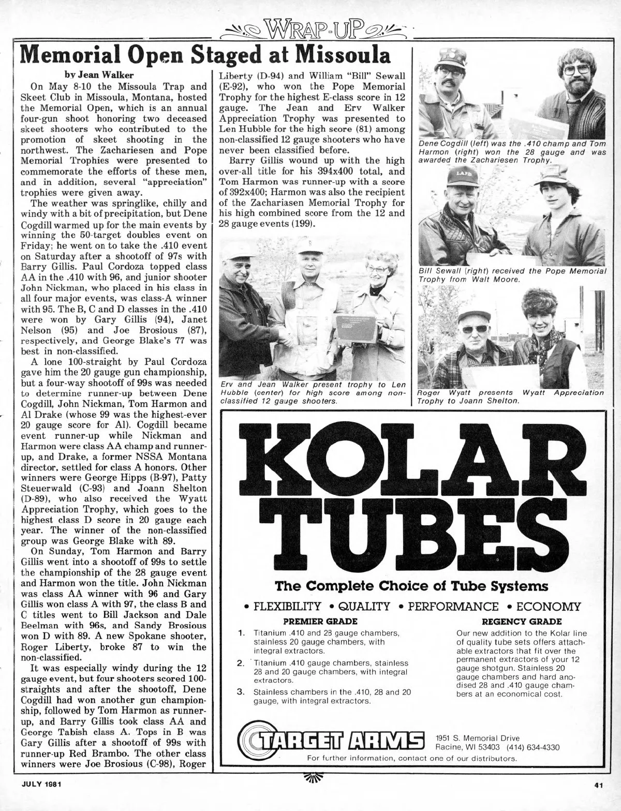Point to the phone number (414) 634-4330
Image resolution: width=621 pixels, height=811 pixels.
(534, 747)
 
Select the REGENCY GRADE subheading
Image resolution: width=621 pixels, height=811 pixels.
(521, 621)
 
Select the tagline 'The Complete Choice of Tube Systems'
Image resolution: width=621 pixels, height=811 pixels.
(411, 586)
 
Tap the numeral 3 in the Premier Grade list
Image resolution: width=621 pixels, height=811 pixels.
(240, 692)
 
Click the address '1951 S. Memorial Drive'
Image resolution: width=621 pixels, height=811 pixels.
(477, 738)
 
